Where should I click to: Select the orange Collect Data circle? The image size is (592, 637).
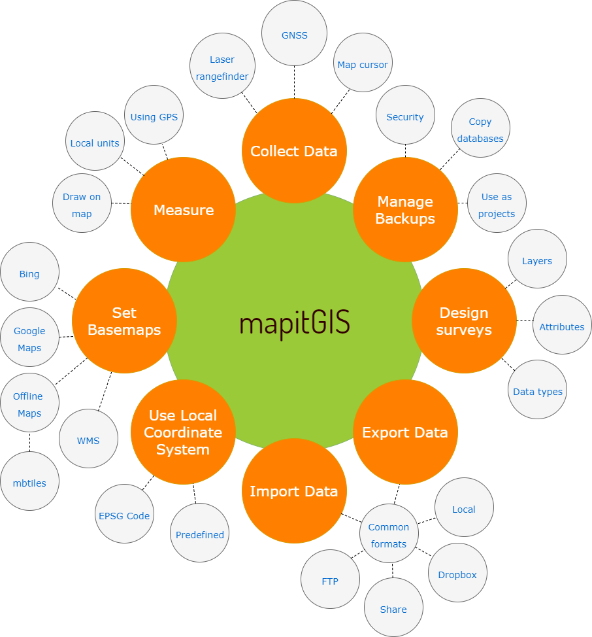coord(294,151)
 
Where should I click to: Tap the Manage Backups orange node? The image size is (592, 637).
coord(405,210)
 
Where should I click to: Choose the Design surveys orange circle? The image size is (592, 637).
coord(464,321)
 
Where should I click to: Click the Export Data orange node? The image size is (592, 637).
coord(405,432)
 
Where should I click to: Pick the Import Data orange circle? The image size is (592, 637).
coord(294,491)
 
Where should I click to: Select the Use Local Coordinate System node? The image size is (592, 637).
coord(183,432)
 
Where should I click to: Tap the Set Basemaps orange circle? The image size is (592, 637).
coord(124,321)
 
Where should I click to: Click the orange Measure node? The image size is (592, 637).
coord(184,210)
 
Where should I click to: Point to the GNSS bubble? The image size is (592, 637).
coord(294,36)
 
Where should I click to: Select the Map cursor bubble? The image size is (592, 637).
coord(363,65)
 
